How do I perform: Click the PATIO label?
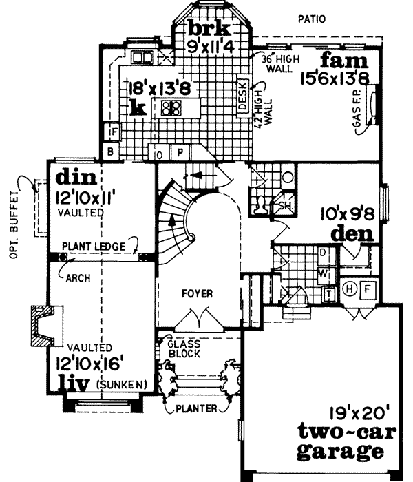[310, 19]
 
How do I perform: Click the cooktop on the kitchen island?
[171, 107]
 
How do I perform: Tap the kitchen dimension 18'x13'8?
[157, 88]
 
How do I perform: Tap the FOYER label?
[198, 294]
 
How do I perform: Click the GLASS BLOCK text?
[184, 348]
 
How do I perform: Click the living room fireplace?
[43, 326]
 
